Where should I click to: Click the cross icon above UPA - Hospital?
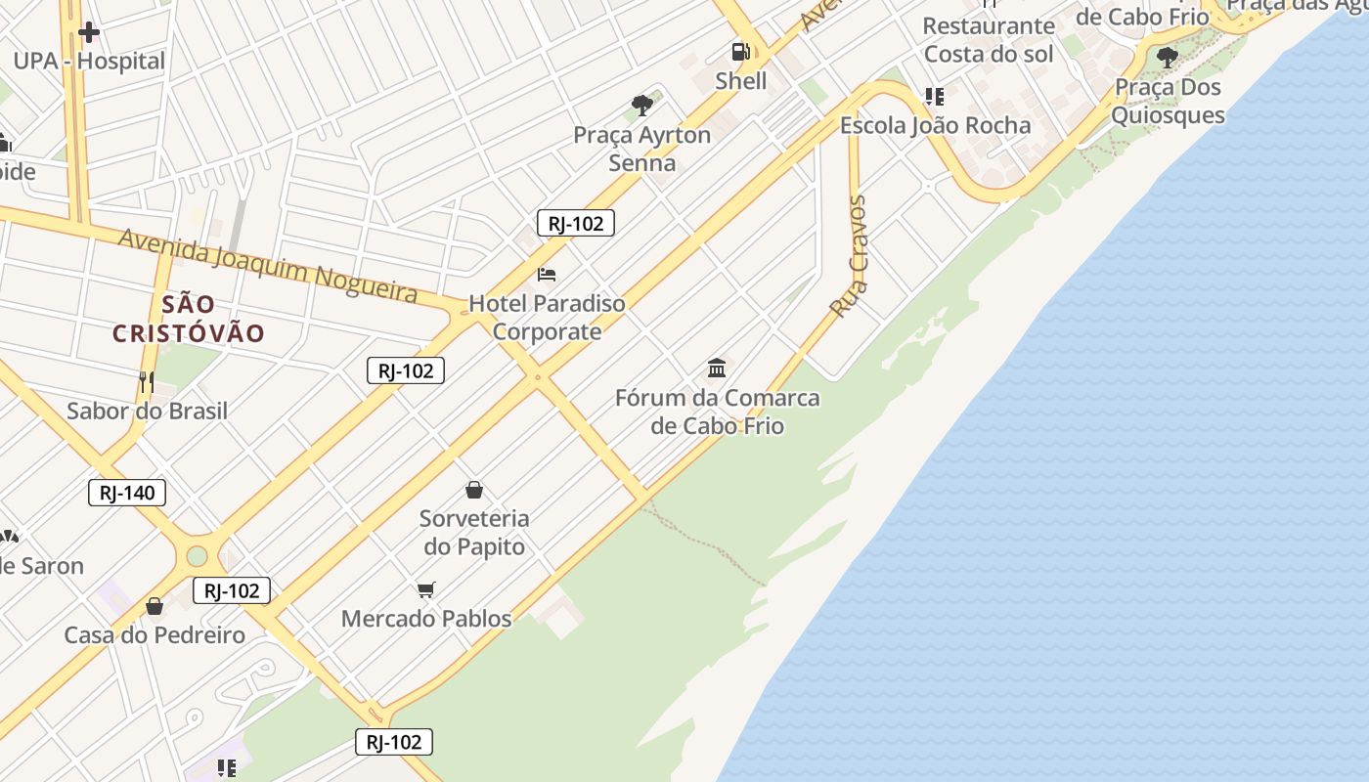[89, 32]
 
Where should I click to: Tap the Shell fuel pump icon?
[741, 52]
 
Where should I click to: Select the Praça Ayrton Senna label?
[642, 149]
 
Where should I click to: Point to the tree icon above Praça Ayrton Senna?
[642, 105]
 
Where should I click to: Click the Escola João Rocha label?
[935, 125]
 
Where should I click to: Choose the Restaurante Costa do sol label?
[989, 39]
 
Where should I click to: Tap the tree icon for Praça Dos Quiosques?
[1167, 57]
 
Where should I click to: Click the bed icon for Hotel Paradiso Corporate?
[547, 275]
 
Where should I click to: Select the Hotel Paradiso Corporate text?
[547, 317]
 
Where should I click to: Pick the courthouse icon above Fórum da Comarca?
[717, 369]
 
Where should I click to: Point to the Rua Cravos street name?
[849, 256]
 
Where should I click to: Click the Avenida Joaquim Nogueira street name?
[268, 266]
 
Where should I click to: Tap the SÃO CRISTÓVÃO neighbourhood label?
[189, 319]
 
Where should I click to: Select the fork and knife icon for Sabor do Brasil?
[147, 381]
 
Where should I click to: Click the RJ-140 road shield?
[127, 493]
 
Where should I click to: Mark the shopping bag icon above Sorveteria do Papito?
[474, 490]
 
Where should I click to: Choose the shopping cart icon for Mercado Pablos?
[425, 589]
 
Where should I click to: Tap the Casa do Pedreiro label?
[155, 635]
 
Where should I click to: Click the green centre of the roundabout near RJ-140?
[197, 556]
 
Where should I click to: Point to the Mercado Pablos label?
[426, 618]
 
